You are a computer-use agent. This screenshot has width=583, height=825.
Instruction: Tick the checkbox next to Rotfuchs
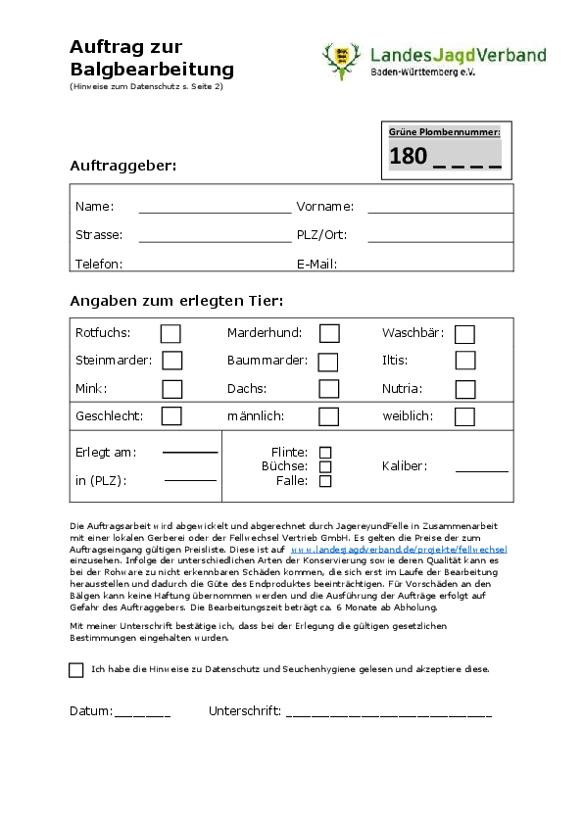click(x=170, y=334)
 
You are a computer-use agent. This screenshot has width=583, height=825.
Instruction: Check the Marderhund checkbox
click(x=329, y=334)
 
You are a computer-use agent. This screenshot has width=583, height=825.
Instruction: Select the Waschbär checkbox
click(x=464, y=334)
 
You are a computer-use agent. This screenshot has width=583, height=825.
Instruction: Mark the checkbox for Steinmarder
click(x=172, y=361)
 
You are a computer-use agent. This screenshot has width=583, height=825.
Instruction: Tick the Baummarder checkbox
click(x=328, y=362)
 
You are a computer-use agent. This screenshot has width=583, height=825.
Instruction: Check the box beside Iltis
click(x=465, y=361)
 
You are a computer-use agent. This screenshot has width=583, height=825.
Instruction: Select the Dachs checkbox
click(x=329, y=389)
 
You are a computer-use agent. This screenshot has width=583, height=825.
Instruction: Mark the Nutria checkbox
click(x=465, y=389)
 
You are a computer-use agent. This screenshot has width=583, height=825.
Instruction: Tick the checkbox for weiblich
click(x=464, y=416)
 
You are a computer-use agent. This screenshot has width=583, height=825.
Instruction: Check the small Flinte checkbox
click(x=325, y=453)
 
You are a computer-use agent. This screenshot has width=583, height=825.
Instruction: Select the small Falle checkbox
click(x=325, y=481)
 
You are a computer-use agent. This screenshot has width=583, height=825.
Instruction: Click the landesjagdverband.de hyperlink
click(x=399, y=551)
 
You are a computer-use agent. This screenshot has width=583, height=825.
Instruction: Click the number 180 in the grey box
click(x=408, y=156)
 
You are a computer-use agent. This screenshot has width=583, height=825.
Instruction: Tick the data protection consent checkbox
click(x=76, y=670)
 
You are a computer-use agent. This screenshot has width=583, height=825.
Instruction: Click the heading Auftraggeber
click(x=123, y=166)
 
